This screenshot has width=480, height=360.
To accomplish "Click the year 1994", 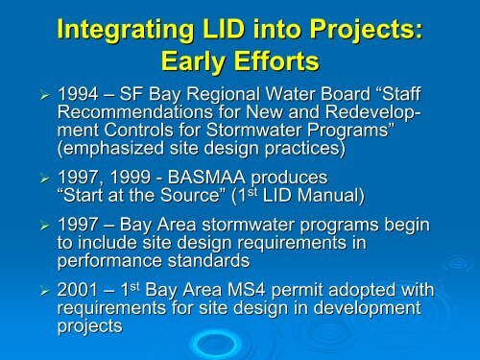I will click(79, 98).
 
